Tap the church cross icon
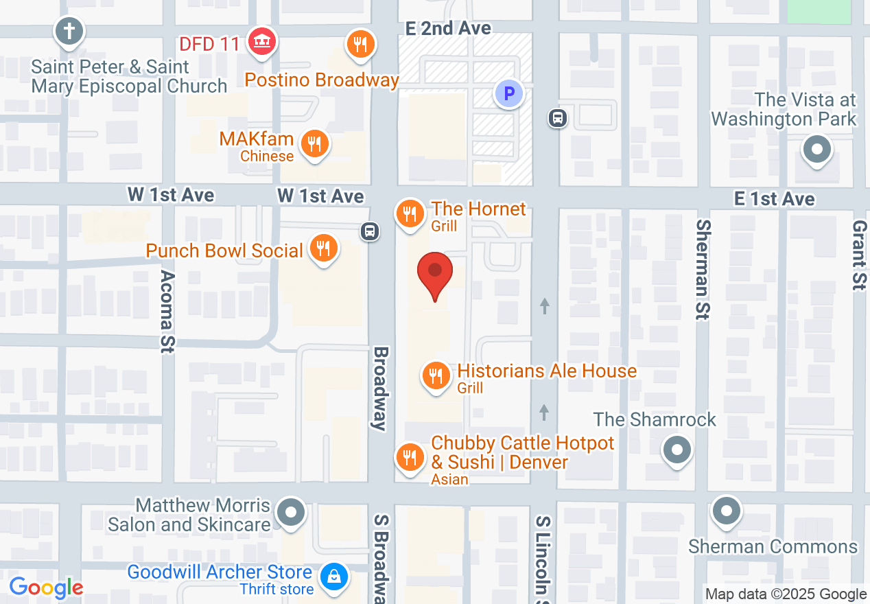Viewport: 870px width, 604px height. click(69, 32)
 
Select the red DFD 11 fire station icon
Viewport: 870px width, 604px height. click(261, 41)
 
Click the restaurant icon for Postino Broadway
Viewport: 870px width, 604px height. click(360, 45)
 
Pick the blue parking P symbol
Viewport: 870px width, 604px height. click(509, 93)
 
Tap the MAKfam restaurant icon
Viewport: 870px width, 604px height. click(315, 144)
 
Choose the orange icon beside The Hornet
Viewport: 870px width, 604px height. click(410, 213)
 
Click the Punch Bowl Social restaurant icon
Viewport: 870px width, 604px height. click(322, 248)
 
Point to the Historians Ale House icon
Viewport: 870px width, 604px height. click(435, 375)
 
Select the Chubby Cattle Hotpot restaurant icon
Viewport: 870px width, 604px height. click(410, 456)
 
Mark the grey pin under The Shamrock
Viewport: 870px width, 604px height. click(677, 451)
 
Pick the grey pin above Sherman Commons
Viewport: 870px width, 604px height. click(726, 511)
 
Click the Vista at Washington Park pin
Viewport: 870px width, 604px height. click(816, 149)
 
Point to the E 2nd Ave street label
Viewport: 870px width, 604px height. click(448, 28)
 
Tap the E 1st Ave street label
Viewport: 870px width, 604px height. click(774, 199)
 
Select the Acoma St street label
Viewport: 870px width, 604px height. click(167, 311)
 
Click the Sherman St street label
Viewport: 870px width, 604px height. click(703, 270)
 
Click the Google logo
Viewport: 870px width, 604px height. click(46, 588)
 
